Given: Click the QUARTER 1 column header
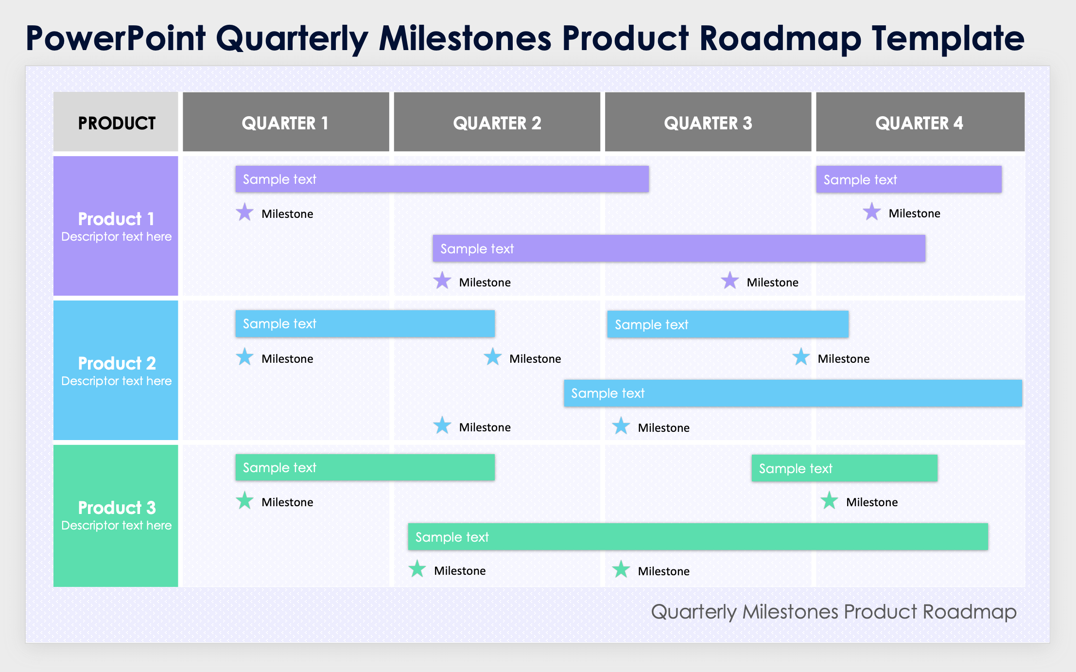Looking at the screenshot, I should (x=286, y=122).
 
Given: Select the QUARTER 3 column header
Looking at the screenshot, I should (x=708, y=122).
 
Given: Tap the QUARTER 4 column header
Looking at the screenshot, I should (x=920, y=122).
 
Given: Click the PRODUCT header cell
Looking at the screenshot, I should (x=116, y=122).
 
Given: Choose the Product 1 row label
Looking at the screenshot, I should (x=116, y=226).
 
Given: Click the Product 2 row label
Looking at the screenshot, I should (x=116, y=370).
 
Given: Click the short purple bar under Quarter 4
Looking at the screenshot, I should (x=908, y=179).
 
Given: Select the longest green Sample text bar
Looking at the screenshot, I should (x=697, y=537).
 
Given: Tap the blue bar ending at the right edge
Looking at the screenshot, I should (x=792, y=393).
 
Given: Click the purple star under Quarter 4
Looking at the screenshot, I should (x=871, y=212).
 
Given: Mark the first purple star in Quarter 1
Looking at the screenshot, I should (x=244, y=213).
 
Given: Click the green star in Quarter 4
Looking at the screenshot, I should (x=829, y=501).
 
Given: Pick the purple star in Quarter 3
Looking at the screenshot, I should (x=729, y=281).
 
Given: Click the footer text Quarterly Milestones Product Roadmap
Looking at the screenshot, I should (x=833, y=612).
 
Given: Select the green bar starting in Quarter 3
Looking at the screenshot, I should (x=844, y=468).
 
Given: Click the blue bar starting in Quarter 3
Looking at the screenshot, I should (x=727, y=324).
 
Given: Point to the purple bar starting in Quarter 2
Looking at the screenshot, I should (x=678, y=248).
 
